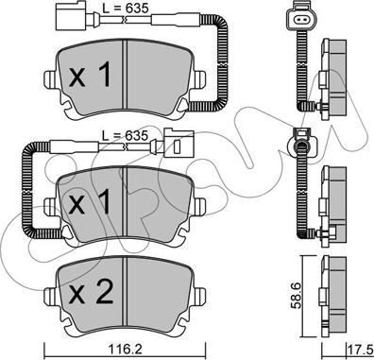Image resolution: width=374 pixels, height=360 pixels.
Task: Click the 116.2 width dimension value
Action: coord(124,349)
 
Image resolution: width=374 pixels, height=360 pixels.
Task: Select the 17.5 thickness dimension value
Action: coord(360,351)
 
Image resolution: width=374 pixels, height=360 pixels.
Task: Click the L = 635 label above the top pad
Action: coord(126,9)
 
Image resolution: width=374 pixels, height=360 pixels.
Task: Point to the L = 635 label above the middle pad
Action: coord(125,135)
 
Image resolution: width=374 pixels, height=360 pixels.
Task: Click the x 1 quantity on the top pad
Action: coord(91,75)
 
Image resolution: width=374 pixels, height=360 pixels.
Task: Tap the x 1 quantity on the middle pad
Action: coord(91,201)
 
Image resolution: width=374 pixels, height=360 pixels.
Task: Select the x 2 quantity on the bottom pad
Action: coord(91,292)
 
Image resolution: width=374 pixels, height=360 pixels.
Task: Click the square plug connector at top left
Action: coord(71,16)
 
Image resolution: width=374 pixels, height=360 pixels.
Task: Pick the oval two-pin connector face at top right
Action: coord(301,20)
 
